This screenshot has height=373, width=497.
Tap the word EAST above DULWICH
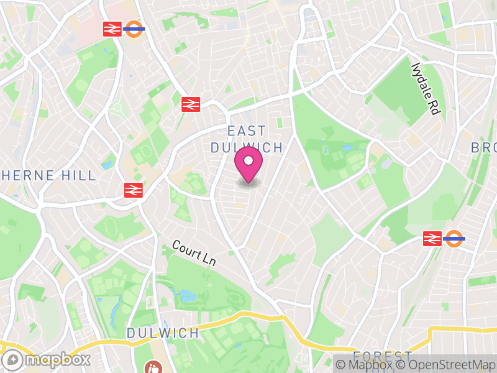point(247,131)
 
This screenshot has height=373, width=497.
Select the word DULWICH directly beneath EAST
point(247,147)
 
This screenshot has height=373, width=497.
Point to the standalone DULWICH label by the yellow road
point(163,333)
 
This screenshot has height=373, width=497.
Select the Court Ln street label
point(194,254)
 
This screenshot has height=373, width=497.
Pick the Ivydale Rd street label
point(426,88)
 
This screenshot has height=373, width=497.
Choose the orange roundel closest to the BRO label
point(455,238)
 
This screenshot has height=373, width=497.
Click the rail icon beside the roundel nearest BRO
point(432,238)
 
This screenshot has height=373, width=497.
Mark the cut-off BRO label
point(483,148)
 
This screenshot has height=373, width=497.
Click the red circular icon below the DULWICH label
point(152,367)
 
